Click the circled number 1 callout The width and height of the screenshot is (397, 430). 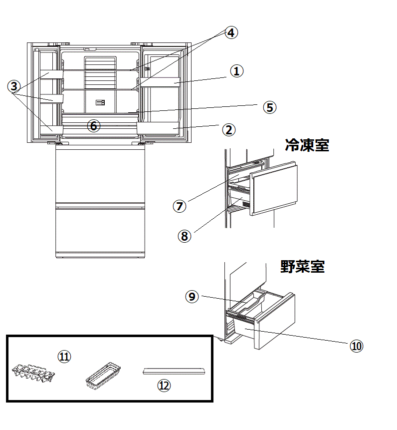[x=236, y=71]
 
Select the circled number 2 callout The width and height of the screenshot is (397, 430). [x=228, y=130]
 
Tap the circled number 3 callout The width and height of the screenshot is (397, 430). [x=14, y=86]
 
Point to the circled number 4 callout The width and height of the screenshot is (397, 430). [x=230, y=33]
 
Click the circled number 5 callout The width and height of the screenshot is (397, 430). [x=269, y=107]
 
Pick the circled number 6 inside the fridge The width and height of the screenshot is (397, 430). [x=93, y=125]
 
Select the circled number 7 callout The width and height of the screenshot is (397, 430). [x=180, y=205]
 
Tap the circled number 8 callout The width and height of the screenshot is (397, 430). [x=185, y=236]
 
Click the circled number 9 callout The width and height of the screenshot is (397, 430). [x=192, y=296]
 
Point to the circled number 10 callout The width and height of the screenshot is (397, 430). [x=356, y=346]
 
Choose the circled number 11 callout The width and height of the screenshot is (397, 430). [x=64, y=356]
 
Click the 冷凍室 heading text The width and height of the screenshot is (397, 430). [x=307, y=145]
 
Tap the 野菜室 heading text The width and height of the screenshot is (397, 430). [x=302, y=267]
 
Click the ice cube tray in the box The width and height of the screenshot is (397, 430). [x=32, y=374]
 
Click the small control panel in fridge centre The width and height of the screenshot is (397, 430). [x=100, y=102]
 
